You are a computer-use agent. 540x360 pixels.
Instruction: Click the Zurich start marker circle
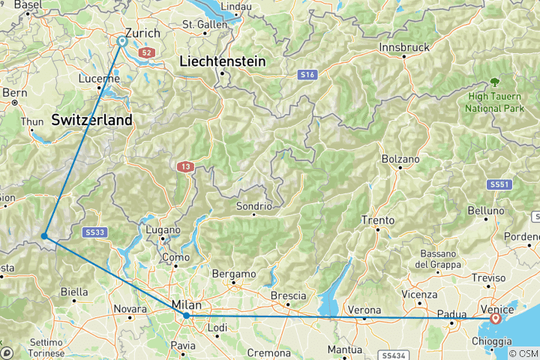[x=121, y=42]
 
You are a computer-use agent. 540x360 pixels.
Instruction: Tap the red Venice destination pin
[x=496, y=318]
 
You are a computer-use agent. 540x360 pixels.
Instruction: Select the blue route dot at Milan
[x=187, y=316]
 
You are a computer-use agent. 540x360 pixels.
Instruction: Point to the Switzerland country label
[x=91, y=119]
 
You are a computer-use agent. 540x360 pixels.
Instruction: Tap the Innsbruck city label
[x=404, y=47]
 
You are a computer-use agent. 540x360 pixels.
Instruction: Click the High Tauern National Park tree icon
[x=494, y=82]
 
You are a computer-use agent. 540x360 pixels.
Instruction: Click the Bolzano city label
[x=400, y=159]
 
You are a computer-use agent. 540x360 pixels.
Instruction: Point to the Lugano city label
[x=163, y=229]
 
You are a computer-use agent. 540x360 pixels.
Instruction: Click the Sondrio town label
[x=253, y=205]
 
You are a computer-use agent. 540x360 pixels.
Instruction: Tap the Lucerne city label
[x=98, y=78]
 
